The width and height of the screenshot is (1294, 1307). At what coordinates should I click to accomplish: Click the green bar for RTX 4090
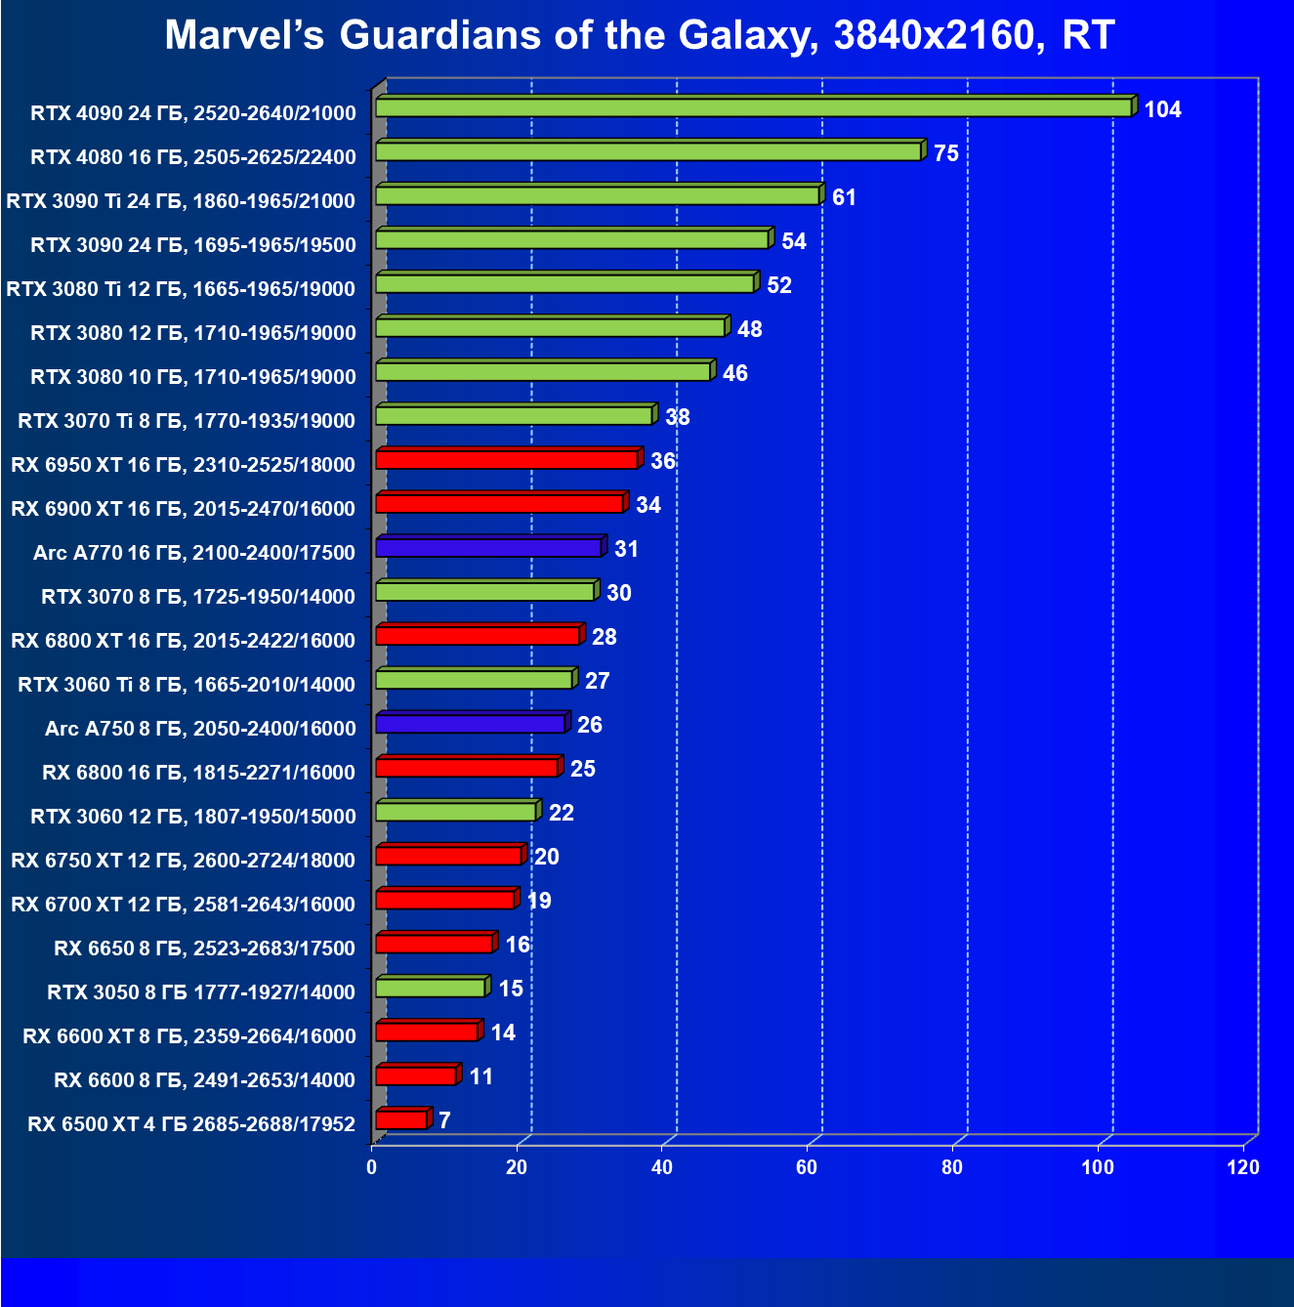pyautogui.click(x=752, y=107)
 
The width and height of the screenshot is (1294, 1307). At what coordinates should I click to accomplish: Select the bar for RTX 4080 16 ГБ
pyautogui.click(x=647, y=151)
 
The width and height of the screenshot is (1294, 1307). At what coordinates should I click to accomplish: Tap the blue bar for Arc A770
pyautogui.click(x=488, y=547)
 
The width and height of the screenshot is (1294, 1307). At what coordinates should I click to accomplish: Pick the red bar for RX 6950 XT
pyautogui.click(x=506, y=459)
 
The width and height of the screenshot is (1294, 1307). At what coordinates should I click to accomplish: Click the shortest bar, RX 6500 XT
pyautogui.click(x=400, y=1119)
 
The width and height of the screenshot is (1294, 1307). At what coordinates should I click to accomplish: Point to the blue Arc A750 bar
pyautogui.click(x=470, y=723)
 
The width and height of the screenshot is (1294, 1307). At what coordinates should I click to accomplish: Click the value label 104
pyautogui.click(x=1162, y=109)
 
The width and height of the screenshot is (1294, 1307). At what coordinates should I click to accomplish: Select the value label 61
pyautogui.click(x=844, y=197)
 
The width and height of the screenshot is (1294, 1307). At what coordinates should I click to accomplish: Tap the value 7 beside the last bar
pyautogui.click(x=444, y=1120)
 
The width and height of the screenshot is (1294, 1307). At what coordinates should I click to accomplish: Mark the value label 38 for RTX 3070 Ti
pyautogui.click(x=677, y=417)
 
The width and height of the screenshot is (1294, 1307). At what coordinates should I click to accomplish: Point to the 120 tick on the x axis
pyautogui.click(x=1243, y=1167)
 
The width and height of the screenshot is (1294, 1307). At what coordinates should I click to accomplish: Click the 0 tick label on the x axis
pyautogui.click(x=372, y=1167)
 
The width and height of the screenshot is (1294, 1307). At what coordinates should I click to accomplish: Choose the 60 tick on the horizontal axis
pyautogui.click(x=807, y=1167)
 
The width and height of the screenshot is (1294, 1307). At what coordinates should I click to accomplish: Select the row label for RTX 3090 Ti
pyautogui.click(x=181, y=201)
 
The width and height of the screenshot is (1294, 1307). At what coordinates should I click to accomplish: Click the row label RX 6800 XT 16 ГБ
pyautogui.click(x=183, y=641)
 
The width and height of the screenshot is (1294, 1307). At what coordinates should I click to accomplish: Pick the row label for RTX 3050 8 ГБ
pyautogui.click(x=201, y=992)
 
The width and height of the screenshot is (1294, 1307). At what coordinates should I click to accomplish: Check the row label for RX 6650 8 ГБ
pyautogui.click(x=204, y=949)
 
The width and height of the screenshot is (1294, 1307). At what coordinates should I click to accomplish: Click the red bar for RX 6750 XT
pyautogui.click(x=448, y=855)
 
